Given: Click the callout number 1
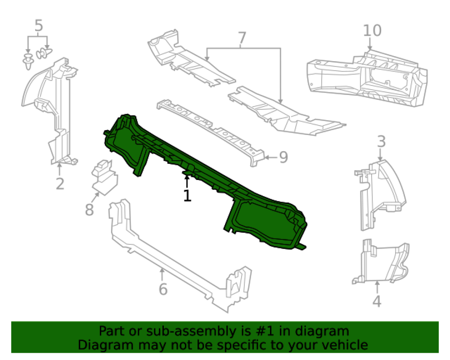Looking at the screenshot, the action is click(187, 195).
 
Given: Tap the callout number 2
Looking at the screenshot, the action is click(60, 184).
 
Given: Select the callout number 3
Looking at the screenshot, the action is click(381, 142).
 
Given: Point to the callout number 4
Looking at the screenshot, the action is click(377, 301).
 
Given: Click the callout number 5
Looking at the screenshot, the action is click(39, 26).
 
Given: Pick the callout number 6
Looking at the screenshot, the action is click(163, 289).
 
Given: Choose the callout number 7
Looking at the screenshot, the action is click(242, 38).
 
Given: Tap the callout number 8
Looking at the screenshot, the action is click(89, 210).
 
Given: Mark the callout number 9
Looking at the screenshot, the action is click(283, 157).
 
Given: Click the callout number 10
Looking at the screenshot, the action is click(372, 31).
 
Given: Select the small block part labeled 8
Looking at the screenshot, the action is click(104, 177).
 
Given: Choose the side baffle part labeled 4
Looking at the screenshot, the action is click(379, 262).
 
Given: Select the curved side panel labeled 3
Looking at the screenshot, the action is click(379, 195).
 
